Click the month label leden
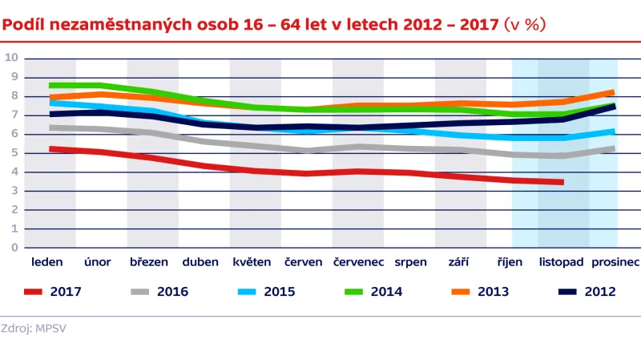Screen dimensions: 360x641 [47, 262]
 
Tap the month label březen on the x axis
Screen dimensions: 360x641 [149, 262]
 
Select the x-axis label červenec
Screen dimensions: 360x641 [357, 262]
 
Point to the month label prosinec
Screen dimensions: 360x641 [615, 262]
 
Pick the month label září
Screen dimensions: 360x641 [460, 262]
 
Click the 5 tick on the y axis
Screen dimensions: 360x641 [14, 152]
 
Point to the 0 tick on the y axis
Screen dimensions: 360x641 [14, 248]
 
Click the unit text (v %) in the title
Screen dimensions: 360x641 [525, 25]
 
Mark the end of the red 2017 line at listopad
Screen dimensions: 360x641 [562, 182]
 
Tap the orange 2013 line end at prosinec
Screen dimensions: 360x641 [613, 92]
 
